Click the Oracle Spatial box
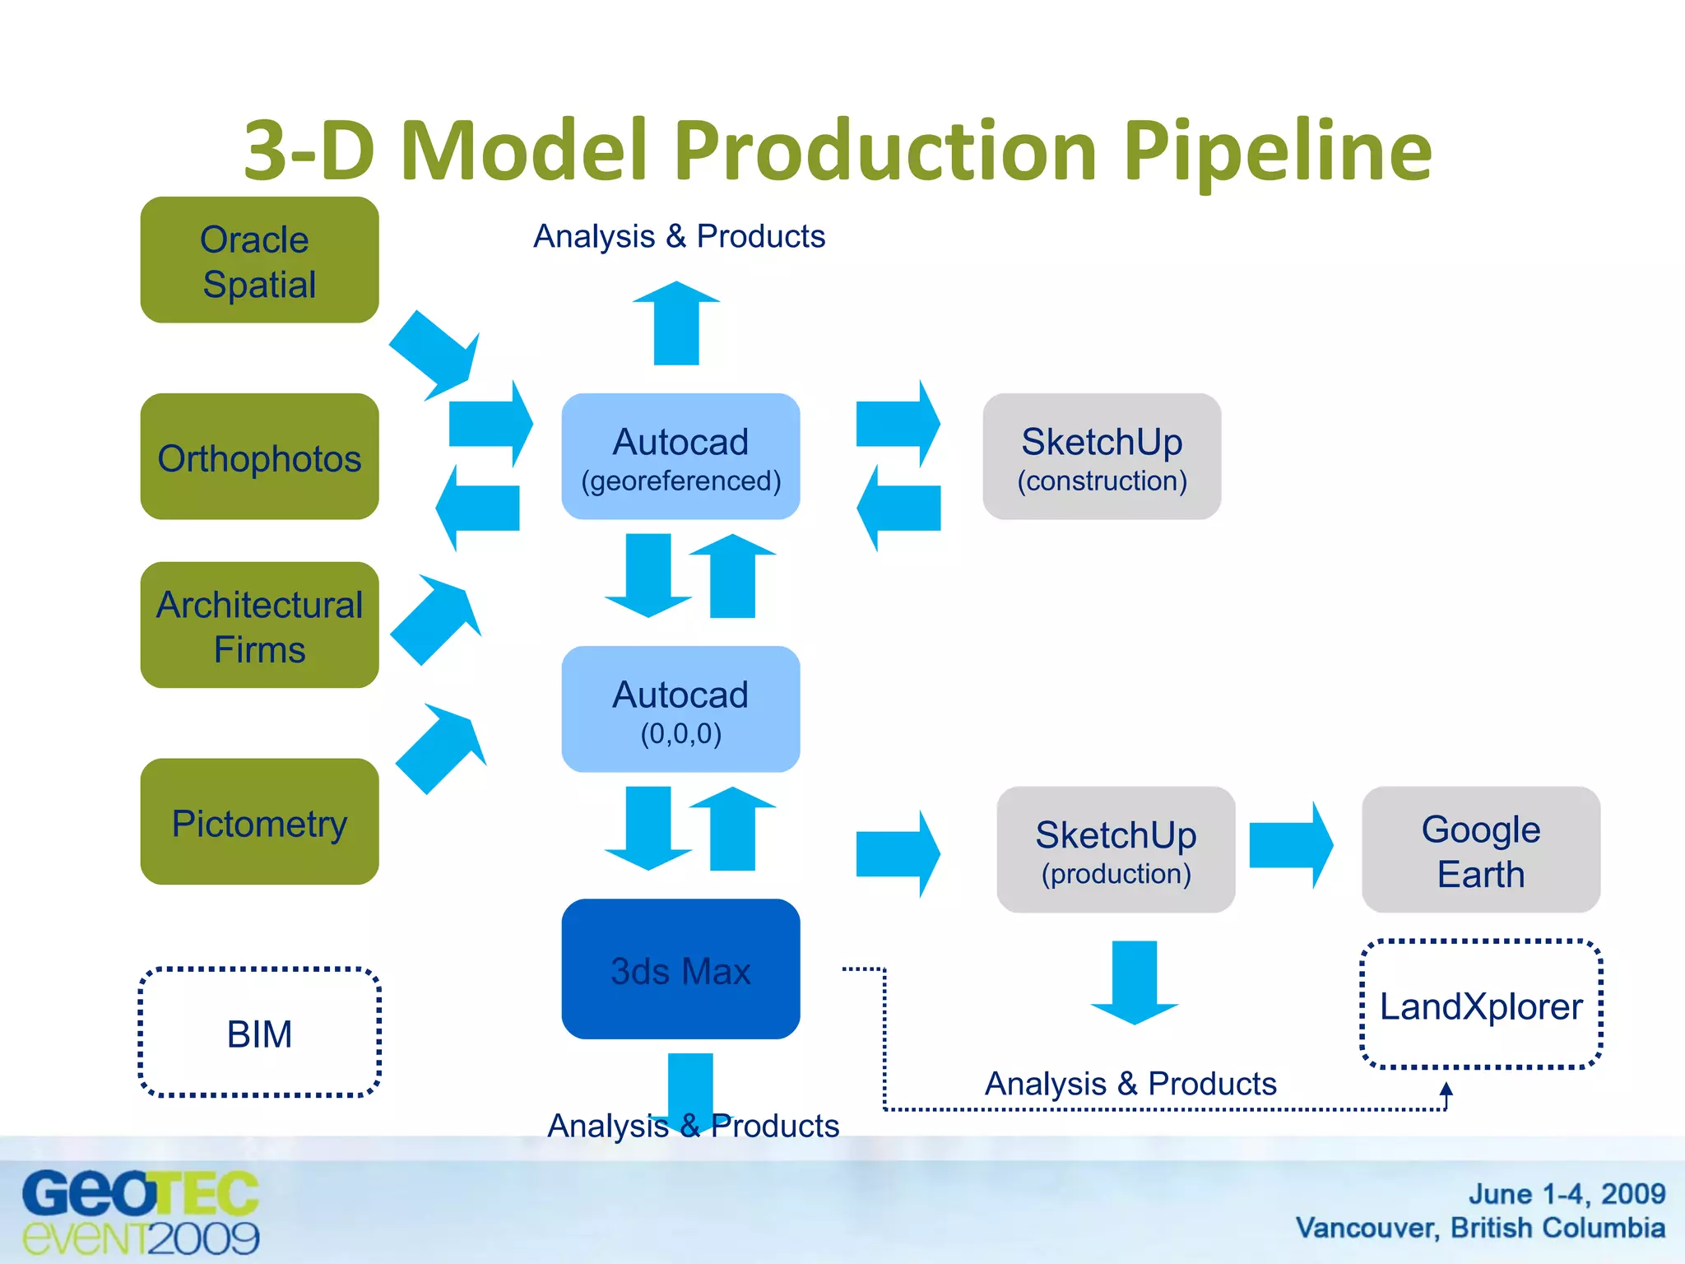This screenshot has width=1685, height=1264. (259, 260)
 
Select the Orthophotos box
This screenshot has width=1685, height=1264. (259, 457)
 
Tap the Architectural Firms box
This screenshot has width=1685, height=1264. (259, 625)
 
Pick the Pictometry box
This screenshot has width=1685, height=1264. (259, 822)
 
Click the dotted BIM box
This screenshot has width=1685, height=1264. (259, 1033)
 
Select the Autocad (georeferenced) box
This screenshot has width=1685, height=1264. (680, 457)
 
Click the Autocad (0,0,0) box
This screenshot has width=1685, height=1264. (680, 709)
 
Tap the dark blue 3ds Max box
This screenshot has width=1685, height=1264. (680, 969)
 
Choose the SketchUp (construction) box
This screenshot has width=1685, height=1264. (1102, 457)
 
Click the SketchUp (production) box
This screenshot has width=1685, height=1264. (1116, 850)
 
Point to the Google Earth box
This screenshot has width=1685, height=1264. (1480, 850)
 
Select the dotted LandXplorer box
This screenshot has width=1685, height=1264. (1480, 1005)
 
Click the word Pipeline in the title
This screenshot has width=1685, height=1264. (1277, 151)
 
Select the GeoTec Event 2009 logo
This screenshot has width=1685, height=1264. (140, 1212)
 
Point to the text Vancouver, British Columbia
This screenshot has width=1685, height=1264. (1479, 1228)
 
